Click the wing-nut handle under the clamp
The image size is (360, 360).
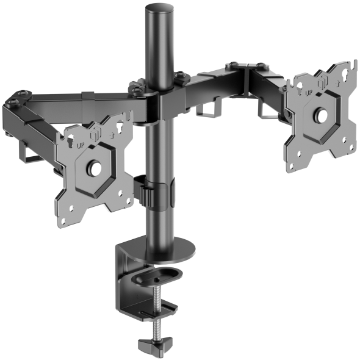click(155, 344)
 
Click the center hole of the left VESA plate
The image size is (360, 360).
click(95, 169)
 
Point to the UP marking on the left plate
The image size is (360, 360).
click(81, 145)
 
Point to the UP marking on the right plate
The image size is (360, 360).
click(309, 93)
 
